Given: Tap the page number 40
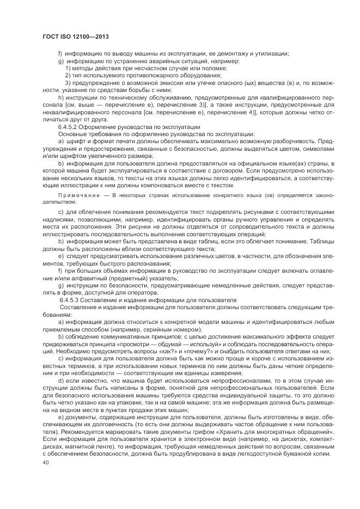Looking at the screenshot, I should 45,463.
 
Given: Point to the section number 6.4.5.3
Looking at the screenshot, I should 72,299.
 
